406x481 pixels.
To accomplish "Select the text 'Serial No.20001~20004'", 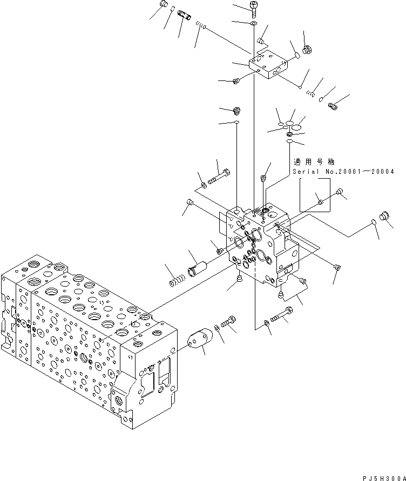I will click(x=343, y=172).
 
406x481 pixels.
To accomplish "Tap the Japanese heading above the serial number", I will click(x=314, y=162).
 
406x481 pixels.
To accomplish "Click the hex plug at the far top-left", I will click(x=164, y=6).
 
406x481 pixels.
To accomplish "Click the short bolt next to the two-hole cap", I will click(x=229, y=322).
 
